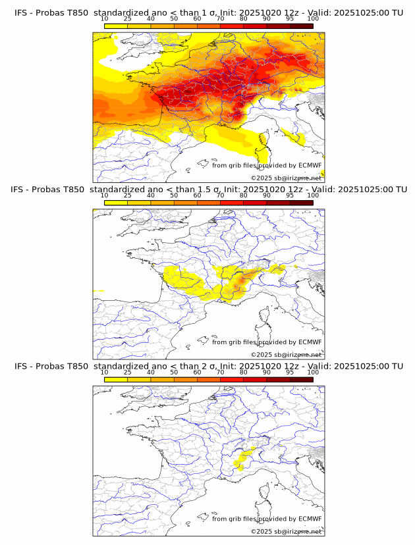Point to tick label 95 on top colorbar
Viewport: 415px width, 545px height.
[290, 19]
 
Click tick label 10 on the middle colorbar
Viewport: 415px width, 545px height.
[104, 195]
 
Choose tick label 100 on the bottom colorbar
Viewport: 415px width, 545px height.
[313, 373]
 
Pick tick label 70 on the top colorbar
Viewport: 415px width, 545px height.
[220, 19]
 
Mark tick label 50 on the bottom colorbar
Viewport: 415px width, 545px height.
[174, 373]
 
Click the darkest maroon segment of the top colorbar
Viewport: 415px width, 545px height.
[301, 26]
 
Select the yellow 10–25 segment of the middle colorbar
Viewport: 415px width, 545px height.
[116, 203]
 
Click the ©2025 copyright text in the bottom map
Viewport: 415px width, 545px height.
[286, 531]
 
